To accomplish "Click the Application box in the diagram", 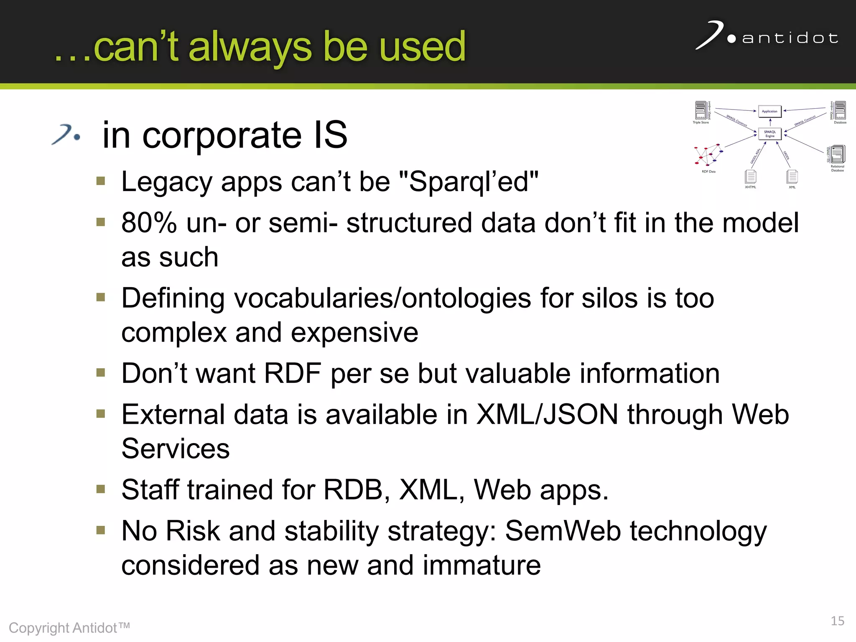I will coord(769,111).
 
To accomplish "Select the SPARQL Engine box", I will coord(769,134).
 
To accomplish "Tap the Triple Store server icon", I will coord(701,110).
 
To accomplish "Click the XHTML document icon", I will coord(751,176).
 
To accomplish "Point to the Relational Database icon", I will coord(837,154).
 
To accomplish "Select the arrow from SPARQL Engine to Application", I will coord(770,122).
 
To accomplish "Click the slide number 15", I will coord(837,621).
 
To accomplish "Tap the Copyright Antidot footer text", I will coord(69,628).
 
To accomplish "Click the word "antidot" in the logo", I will coord(790,38).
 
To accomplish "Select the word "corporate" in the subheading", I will coord(222,135).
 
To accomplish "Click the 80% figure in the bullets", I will coord(149,223).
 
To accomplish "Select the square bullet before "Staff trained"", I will coord(101,489).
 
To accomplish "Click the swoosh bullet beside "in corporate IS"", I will coord(66,135).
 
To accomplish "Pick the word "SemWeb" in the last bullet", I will coord(563,531).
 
